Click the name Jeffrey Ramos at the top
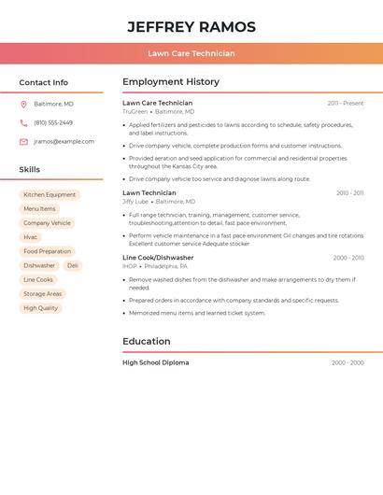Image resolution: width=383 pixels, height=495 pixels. tap(191, 27)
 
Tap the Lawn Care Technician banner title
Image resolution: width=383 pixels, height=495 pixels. tap(191, 53)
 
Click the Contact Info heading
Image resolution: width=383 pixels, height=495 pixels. tap(43, 82)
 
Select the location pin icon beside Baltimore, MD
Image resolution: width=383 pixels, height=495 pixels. tap(23, 104)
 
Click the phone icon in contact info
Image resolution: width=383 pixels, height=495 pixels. tap(23, 122)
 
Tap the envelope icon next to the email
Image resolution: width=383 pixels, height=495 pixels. tap(23, 142)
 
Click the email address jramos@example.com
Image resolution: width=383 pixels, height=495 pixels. tap(64, 142)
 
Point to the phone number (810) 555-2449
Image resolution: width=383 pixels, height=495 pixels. tap(53, 122)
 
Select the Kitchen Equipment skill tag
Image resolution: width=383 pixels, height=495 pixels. tap(50, 195)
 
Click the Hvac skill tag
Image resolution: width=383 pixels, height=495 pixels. tap(31, 237)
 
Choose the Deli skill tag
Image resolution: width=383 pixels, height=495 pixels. tap(73, 265)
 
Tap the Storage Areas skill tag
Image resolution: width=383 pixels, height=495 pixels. tap(42, 293)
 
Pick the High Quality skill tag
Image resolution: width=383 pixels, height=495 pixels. tap(40, 307)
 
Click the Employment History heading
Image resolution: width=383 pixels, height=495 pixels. tap(170, 82)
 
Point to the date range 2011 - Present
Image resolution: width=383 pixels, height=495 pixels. tap(345, 104)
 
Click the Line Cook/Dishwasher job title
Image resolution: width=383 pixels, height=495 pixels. tap(158, 258)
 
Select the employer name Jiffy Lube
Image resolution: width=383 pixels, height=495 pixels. tap(135, 202)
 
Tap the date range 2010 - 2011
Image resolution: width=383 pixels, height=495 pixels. tap(349, 193)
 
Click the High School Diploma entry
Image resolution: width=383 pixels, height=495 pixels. tap(155, 362)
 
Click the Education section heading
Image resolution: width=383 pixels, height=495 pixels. tap(146, 342)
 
